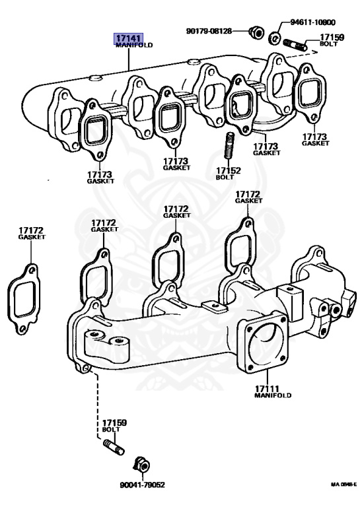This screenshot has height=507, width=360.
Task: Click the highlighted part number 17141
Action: click(128, 38)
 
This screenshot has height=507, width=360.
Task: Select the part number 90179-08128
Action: click(209, 31)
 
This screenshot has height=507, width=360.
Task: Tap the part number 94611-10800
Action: click(312, 22)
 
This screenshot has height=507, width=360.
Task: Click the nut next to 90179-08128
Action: click(256, 32)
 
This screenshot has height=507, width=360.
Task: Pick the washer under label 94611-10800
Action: click(275, 38)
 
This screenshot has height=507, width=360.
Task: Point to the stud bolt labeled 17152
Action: click(229, 145)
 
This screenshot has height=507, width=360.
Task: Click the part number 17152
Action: click(229, 170)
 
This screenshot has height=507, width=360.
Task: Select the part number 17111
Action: click(267, 389)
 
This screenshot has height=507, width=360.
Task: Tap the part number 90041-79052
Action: click(142, 485)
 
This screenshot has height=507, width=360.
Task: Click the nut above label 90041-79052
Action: click(141, 465)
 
